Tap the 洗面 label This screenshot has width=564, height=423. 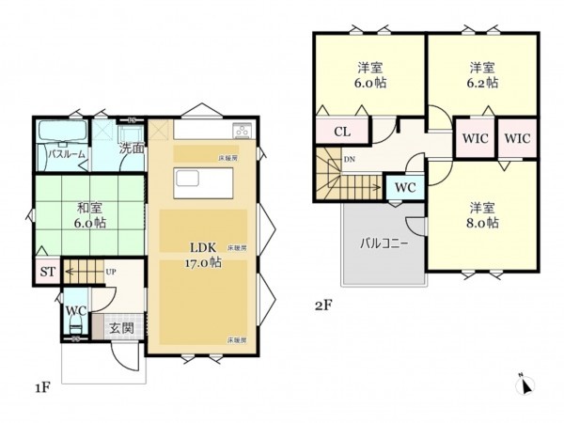(131, 148)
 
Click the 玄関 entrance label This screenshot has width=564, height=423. (120, 328)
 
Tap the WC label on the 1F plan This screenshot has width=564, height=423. (74, 312)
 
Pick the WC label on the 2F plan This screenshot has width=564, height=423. (405, 187)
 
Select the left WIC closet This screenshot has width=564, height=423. (474, 137)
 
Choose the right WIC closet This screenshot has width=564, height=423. (517, 137)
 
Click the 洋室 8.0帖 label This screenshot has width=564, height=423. (480, 215)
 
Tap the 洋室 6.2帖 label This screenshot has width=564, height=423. (483, 74)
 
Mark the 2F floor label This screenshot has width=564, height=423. (323, 305)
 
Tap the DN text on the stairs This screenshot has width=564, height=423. (350, 160)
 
